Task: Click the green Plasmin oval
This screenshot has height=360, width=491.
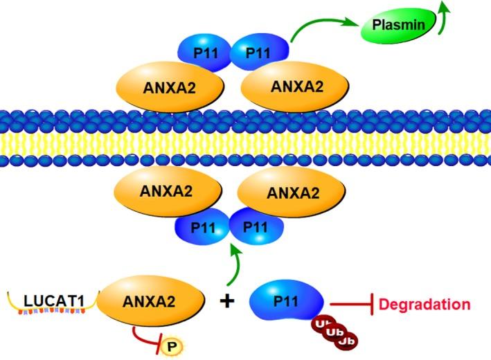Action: pyautogui.click(x=398, y=26)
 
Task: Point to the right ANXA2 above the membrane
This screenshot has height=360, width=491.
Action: pyautogui.click(x=297, y=87)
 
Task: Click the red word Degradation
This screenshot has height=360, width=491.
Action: pyautogui.click(x=427, y=304)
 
